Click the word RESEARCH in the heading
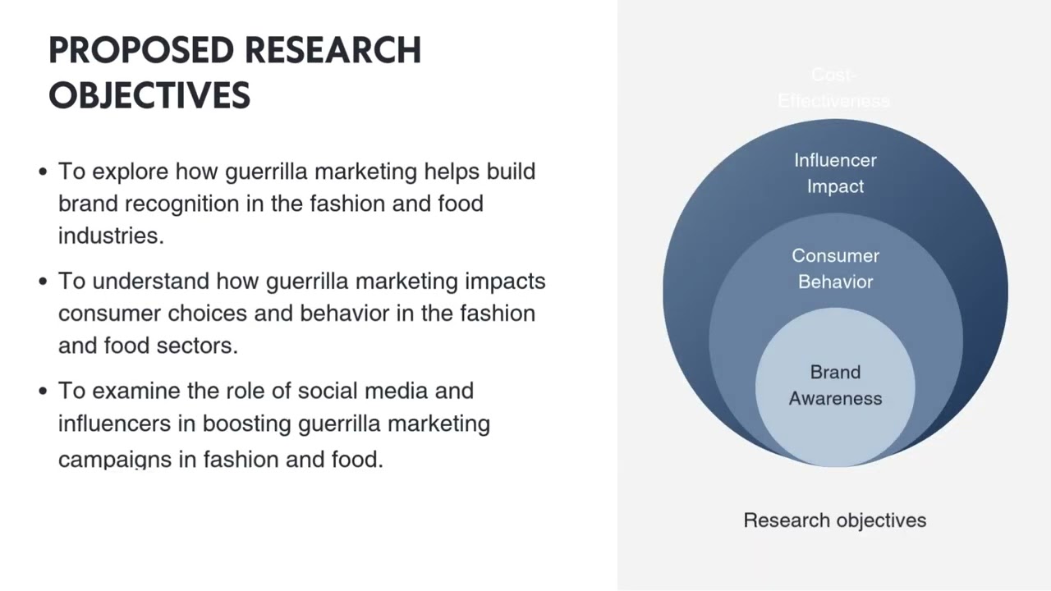333,51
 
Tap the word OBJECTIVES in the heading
149,95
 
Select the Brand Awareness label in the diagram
835,385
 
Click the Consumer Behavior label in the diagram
835,268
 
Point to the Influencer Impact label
835,173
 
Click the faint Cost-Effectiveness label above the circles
833,88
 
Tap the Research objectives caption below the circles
834,520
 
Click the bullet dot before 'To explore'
43,172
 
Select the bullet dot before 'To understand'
43,282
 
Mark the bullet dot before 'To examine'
43,391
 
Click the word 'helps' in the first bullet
452,172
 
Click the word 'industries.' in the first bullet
111,236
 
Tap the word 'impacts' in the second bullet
505,282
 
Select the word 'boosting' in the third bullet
247,424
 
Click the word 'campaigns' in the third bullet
115,460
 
